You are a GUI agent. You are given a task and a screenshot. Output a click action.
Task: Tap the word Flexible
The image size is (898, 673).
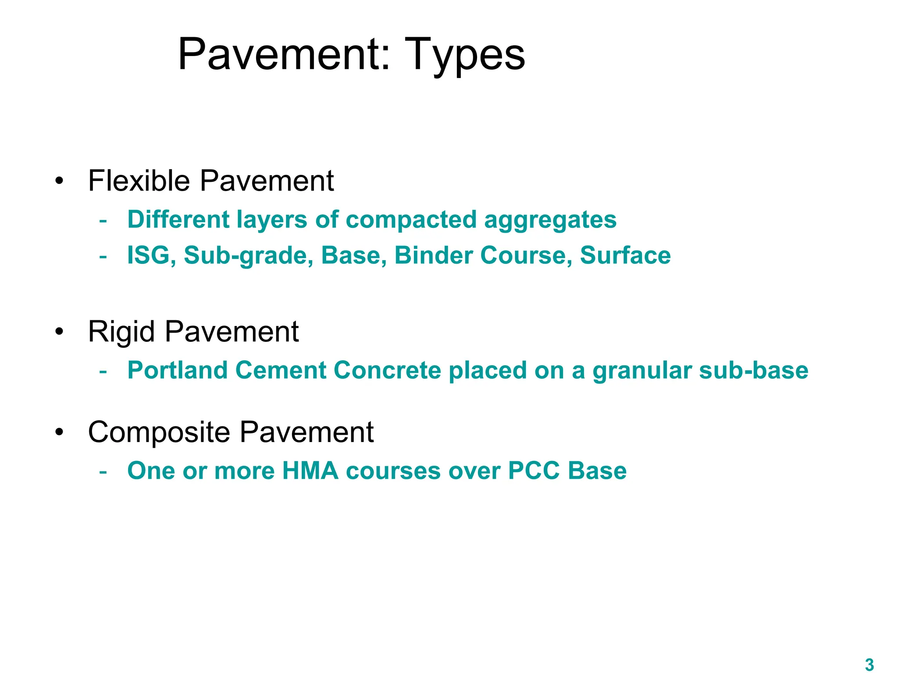pyautogui.click(x=139, y=181)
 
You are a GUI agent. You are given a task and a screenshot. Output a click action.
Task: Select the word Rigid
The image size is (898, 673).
pyautogui.click(x=121, y=331)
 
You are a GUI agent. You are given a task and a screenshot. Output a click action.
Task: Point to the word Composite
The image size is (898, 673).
pyautogui.click(x=159, y=432)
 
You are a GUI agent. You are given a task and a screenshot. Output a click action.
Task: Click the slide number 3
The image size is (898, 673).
pyautogui.click(x=869, y=664)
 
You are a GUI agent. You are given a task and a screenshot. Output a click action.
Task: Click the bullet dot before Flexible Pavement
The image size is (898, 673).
pyautogui.click(x=59, y=181)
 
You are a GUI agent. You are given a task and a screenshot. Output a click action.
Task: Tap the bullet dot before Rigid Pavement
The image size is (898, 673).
pyautogui.click(x=59, y=331)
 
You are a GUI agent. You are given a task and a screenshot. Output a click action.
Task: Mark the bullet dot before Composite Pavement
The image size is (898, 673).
pyautogui.click(x=59, y=432)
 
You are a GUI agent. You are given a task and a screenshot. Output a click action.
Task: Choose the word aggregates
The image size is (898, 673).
pyautogui.click(x=550, y=220)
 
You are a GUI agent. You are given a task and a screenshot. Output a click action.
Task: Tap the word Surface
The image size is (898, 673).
pyautogui.click(x=625, y=255)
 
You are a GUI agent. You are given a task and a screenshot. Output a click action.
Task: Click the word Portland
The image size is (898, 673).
pyautogui.click(x=177, y=370)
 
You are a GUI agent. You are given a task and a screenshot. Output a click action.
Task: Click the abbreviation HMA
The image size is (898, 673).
pyautogui.click(x=310, y=471)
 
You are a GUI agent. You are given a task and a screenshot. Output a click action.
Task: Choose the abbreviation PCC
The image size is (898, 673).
pyautogui.click(x=534, y=471)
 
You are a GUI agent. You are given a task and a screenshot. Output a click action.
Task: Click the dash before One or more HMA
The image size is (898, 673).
pyautogui.click(x=103, y=471)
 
